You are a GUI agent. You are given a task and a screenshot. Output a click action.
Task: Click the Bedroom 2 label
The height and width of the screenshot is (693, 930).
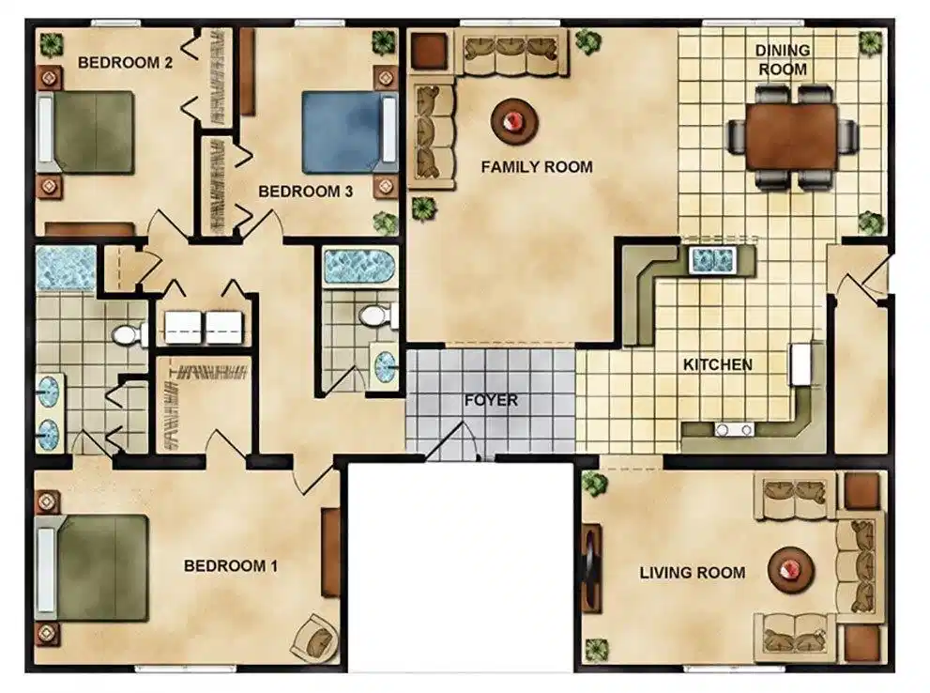coord(125,62)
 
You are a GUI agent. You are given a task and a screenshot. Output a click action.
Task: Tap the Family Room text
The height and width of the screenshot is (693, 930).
coord(537,167)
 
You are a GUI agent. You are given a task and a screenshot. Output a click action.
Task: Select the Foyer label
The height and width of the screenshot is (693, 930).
coord(491,400)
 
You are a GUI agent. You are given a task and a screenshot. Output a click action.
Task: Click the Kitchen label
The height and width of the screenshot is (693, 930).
coord(718,364)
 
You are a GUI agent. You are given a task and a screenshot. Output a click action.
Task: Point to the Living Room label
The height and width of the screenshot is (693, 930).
coord(693,573)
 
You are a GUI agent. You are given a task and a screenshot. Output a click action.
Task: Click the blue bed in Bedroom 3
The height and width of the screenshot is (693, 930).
coord(349,131)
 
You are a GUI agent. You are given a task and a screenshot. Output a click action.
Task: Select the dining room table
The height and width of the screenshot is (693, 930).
coord(792,136)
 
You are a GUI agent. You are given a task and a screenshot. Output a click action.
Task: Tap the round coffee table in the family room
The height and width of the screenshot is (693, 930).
coord(513,122)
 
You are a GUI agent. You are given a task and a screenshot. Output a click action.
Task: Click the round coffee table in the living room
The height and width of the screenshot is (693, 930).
coord(791,570)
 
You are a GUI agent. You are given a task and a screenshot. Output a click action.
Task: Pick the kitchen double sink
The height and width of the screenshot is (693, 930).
coord(713,260)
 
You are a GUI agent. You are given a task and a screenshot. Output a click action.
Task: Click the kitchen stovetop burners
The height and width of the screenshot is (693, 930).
coord(734,429)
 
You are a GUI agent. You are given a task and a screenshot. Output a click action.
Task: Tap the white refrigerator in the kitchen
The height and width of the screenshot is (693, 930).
coord(801,363)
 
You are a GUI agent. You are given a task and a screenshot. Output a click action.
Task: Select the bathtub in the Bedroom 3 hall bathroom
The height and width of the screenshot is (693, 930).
coord(359,266)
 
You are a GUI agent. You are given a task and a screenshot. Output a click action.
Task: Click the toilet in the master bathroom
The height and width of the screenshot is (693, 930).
coord(129,335)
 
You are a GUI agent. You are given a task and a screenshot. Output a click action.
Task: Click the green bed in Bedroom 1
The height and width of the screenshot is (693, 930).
coord(92,567)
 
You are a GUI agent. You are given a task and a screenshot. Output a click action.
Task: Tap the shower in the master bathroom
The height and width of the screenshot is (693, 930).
coord(66,269)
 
